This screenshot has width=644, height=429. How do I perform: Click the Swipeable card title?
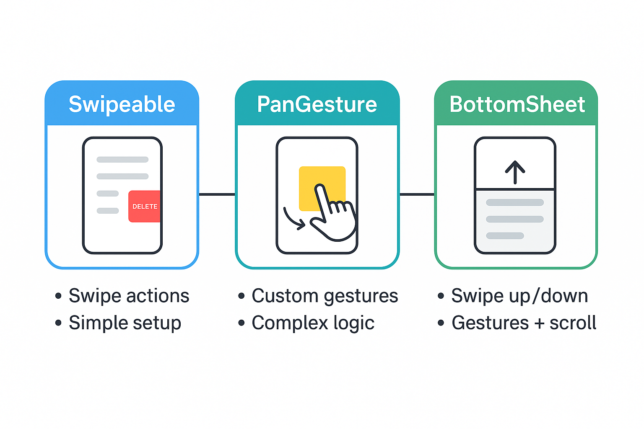[x=122, y=104]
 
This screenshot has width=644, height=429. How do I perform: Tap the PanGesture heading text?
[x=317, y=104]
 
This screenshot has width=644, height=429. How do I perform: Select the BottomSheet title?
[x=517, y=104]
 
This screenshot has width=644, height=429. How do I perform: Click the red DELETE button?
[x=145, y=206]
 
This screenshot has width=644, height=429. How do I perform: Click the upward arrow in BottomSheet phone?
[x=515, y=172]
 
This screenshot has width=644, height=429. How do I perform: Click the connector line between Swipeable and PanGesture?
[x=217, y=194]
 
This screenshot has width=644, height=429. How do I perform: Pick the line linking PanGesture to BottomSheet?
[x=417, y=194]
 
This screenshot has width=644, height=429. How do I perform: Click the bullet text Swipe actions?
[x=129, y=296]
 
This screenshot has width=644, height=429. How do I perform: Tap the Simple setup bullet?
[x=125, y=323]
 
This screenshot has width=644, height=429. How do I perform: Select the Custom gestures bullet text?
[x=325, y=296]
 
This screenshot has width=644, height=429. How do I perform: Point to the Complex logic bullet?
[x=313, y=323]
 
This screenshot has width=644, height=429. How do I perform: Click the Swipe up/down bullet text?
[x=519, y=296]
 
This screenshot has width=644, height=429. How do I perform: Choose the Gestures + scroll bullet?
[x=524, y=323]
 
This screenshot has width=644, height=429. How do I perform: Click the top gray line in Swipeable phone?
[x=122, y=160]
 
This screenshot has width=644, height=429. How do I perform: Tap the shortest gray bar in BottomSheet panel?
[x=505, y=236]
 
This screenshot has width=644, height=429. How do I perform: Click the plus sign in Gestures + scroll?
[x=539, y=323]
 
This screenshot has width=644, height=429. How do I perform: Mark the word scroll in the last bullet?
[x=573, y=323]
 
